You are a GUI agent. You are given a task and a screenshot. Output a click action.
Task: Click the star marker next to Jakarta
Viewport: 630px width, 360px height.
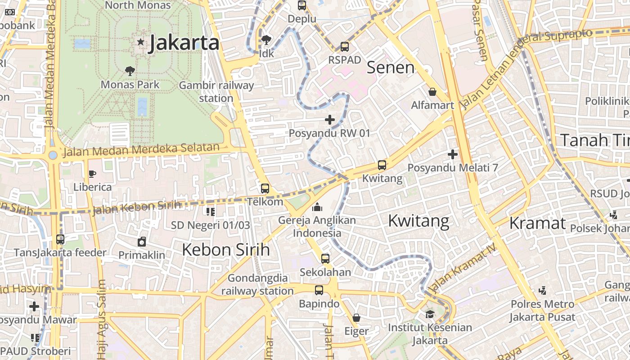click(x=141, y=42)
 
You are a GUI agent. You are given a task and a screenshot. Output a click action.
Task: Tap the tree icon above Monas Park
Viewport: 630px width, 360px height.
click(x=130, y=71)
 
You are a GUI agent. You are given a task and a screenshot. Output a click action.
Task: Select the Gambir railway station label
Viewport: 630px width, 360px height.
click(x=216, y=91)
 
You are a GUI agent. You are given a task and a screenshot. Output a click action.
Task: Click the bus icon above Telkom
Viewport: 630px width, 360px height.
click(x=265, y=188)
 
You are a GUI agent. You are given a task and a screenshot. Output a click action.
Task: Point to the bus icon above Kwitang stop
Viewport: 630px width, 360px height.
click(x=382, y=165)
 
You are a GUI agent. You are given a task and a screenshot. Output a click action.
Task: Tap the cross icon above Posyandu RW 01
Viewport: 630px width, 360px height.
click(x=330, y=119)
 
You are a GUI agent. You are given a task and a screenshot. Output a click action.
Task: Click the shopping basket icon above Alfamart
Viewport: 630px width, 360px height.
click(x=432, y=92)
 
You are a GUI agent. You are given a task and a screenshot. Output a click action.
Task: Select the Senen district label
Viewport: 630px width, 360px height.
click(x=390, y=67)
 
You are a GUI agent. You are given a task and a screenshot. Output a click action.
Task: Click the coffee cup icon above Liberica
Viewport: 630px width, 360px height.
click(x=92, y=174)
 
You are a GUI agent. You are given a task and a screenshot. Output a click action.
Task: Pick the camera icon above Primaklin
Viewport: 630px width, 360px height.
click(x=142, y=242)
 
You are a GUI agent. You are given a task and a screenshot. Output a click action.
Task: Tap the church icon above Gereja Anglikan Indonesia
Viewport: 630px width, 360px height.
click(x=317, y=207)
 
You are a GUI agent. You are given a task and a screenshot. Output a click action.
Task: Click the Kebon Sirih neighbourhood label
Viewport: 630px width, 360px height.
click(x=225, y=250)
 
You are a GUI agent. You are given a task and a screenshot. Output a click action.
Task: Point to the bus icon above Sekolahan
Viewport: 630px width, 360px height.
click(x=325, y=259)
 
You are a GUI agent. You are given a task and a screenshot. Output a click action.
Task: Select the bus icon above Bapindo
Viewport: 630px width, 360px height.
click(x=319, y=290)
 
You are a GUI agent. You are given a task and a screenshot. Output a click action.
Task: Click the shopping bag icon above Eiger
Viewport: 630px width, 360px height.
click(x=356, y=318)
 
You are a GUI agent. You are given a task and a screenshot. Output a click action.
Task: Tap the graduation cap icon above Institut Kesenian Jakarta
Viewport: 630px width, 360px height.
click(x=430, y=314)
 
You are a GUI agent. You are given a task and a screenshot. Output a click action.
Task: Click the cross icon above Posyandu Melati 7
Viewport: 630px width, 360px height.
click(x=453, y=154)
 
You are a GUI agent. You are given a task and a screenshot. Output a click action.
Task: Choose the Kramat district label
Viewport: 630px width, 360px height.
click(x=537, y=223)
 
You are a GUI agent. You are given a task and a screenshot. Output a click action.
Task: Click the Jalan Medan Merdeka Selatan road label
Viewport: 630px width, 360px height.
click(x=141, y=149)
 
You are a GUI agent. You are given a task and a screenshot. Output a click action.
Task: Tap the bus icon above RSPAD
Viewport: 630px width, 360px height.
click(x=345, y=46)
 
